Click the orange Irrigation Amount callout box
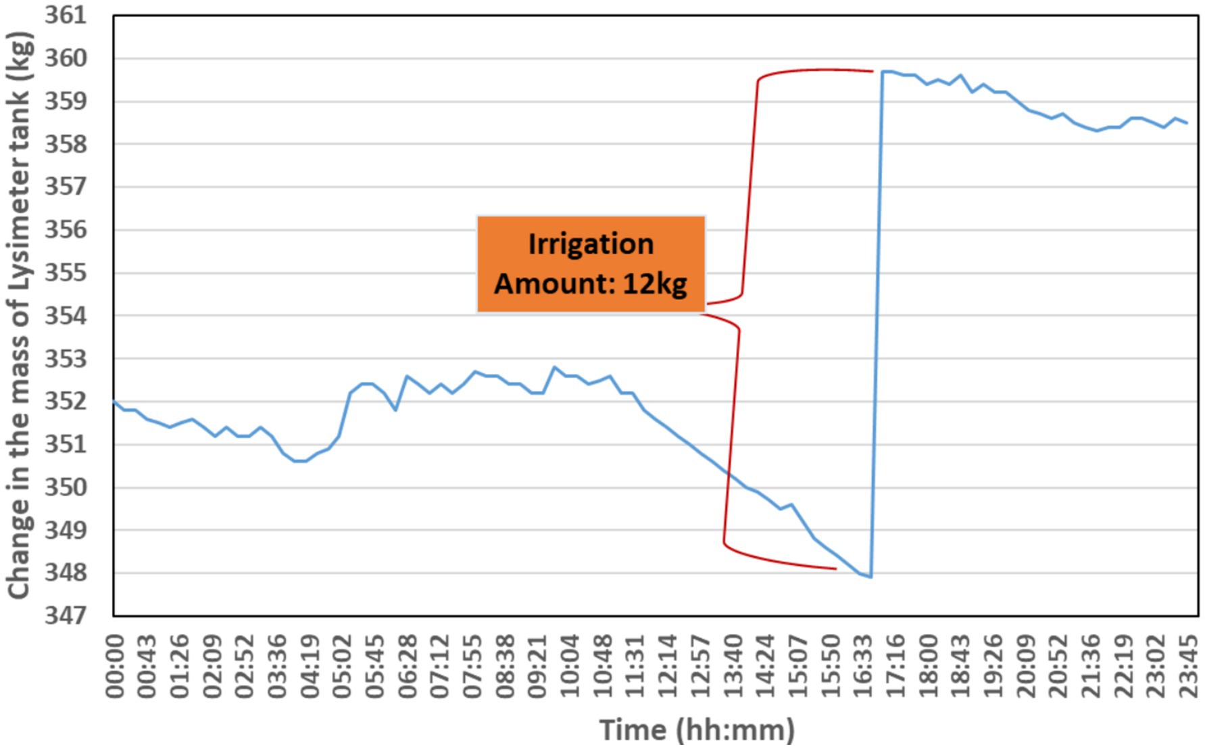[x=591, y=264]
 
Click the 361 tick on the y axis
[x=66, y=15]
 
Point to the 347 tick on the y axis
[x=66, y=616]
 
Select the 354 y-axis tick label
[x=66, y=316]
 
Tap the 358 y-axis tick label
[x=66, y=144]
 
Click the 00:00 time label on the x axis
[x=115, y=666]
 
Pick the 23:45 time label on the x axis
[x=1187, y=666]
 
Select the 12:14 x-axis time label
[x=667, y=666]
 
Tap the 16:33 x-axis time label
[x=862, y=666]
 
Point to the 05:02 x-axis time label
[x=343, y=666]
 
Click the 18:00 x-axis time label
[x=927, y=666]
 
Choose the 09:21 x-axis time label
[x=537, y=666]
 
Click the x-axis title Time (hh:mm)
[x=697, y=730]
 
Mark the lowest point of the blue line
[x=870, y=577]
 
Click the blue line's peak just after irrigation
[x=884, y=71]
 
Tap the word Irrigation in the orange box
[x=591, y=244]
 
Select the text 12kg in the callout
[x=654, y=284]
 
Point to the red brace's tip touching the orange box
[x=707, y=304]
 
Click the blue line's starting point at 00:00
[x=114, y=402]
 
